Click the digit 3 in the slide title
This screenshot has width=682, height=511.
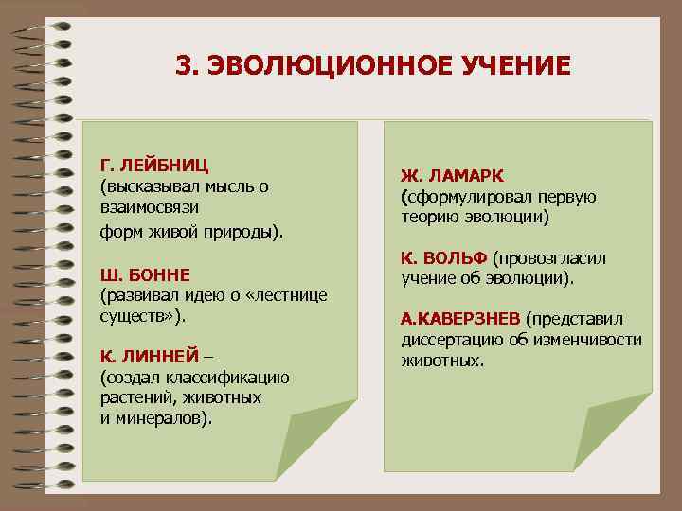tap(184, 66)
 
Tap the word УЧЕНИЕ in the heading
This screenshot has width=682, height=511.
tap(511, 66)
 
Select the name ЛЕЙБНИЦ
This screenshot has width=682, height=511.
tap(164, 167)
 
